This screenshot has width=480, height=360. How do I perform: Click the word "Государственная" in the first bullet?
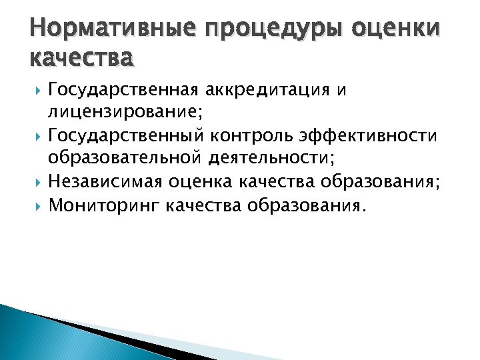point(115,90)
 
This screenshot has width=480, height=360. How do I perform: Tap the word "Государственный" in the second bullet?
point(115,137)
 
